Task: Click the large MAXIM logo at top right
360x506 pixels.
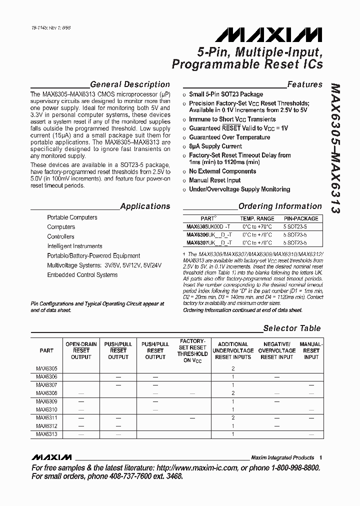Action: [269, 34]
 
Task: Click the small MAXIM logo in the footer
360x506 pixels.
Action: [51, 457]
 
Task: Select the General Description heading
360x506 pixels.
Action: [130, 84]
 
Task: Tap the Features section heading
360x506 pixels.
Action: [304, 84]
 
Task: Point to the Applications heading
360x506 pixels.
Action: [145, 206]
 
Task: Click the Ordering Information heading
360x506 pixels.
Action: [280, 206]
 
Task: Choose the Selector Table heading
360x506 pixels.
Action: [292, 328]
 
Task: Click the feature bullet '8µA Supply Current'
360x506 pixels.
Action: [215, 146]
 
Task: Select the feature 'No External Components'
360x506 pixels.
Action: [222, 171]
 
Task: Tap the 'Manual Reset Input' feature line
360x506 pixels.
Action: [214, 180]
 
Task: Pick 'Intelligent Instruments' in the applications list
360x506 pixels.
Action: [74, 246]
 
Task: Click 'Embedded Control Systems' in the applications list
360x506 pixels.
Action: [82, 275]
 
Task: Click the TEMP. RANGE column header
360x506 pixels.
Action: [257, 218]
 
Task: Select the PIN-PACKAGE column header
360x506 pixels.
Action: [301, 218]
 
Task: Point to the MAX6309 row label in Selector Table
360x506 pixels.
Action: [46, 401]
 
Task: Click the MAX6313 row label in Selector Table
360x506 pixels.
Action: [46, 434]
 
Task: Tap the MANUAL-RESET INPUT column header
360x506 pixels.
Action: [311, 350]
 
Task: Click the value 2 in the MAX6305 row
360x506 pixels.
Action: [233, 368]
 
